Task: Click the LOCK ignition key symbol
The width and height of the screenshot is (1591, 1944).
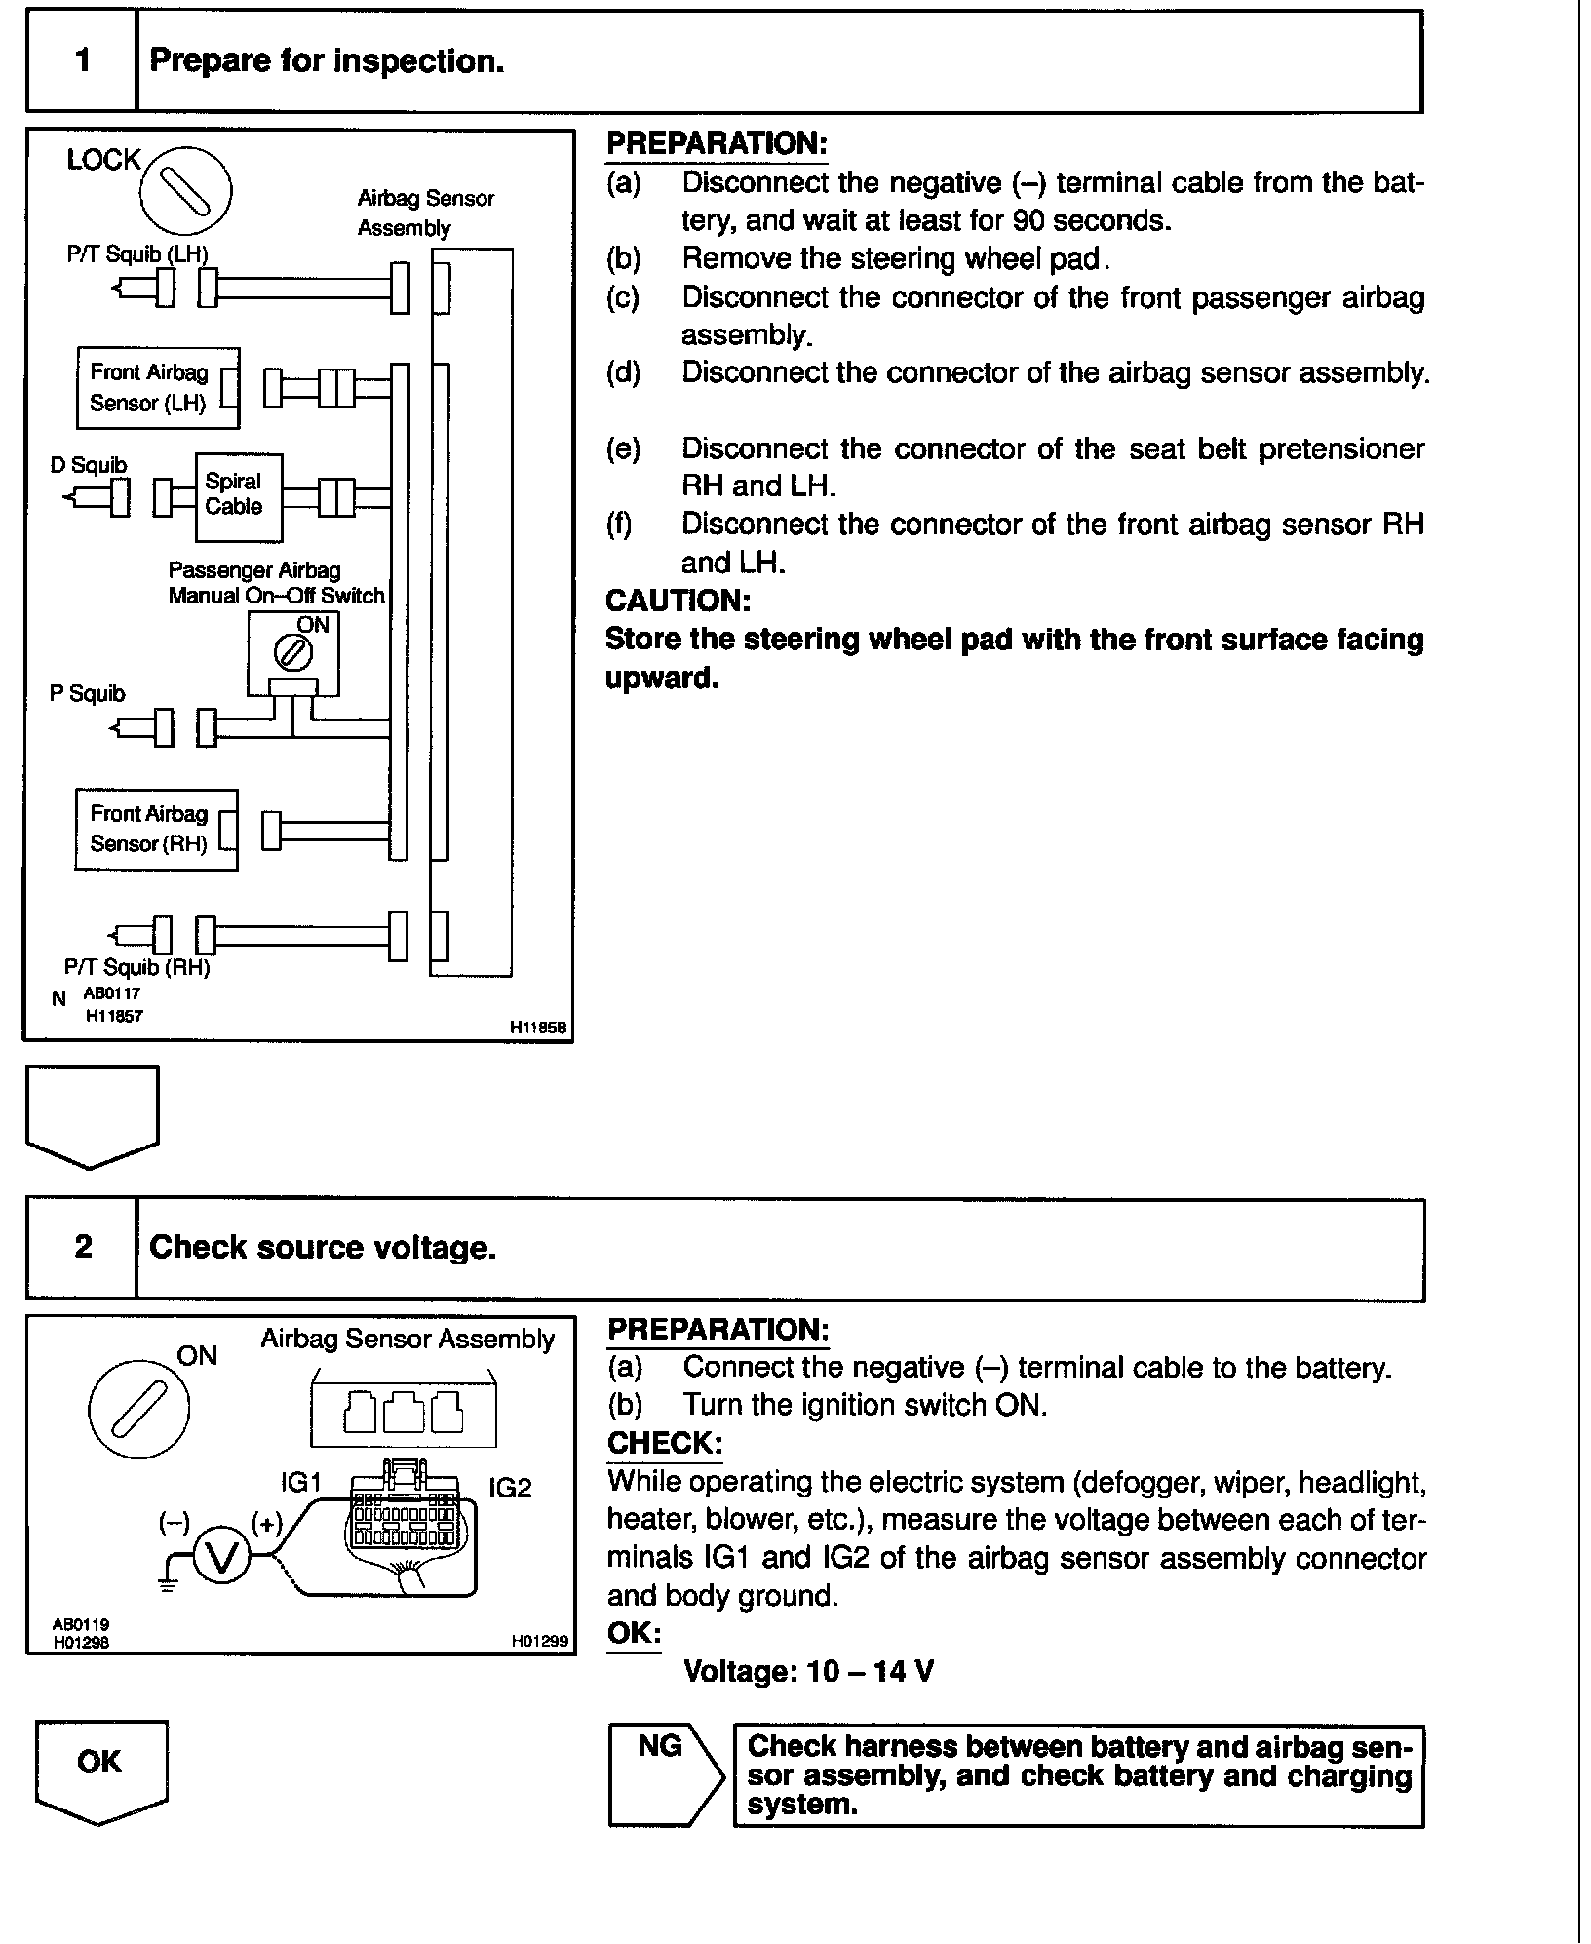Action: click(x=185, y=190)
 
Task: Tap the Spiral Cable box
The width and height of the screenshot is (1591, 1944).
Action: click(x=238, y=497)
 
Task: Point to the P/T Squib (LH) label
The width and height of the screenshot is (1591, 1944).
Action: click(x=137, y=254)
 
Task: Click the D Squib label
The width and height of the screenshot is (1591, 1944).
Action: click(x=89, y=465)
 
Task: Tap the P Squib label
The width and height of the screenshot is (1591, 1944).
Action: click(x=88, y=693)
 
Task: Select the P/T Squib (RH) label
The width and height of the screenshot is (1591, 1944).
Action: click(x=137, y=967)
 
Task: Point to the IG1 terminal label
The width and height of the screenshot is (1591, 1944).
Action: click(x=300, y=1483)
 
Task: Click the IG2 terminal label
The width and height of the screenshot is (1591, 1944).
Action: click(x=510, y=1488)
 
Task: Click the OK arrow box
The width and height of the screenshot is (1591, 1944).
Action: click(x=100, y=1768)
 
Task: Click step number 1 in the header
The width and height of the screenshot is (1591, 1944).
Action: click(x=82, y=61)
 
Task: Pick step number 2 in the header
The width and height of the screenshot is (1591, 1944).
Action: click(x=83, y=1247)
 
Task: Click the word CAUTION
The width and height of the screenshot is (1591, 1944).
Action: click(x=678, y=601)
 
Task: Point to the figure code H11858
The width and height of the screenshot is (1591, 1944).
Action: click(x=538, y=1028)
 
